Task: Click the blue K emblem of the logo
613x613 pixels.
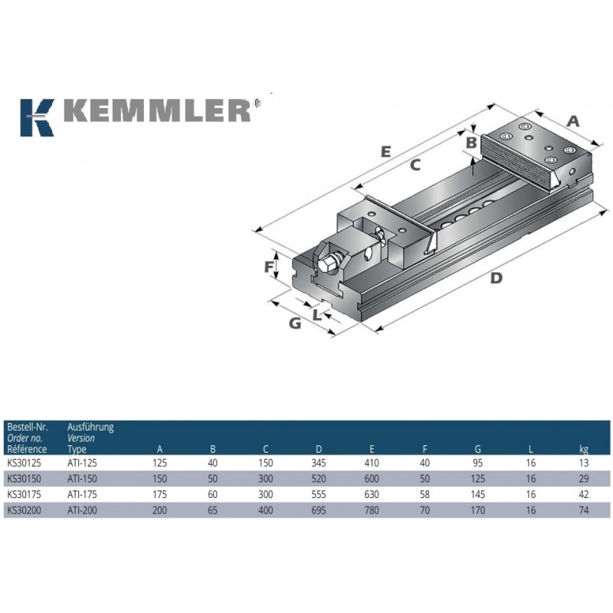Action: click(x=37, y=118)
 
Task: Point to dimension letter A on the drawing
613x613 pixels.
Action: click(x=573, y=121)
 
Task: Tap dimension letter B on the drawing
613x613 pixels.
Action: click(x=471, y=143)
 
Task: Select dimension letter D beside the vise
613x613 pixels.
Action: click(x=496, y=278)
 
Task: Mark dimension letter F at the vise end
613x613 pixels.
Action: click(x=269, y=267)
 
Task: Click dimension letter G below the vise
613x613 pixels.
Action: click(x=295, y=323)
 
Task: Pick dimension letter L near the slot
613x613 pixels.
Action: click(x=317, y=315)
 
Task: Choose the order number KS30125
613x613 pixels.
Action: click(x=24, y=464)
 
